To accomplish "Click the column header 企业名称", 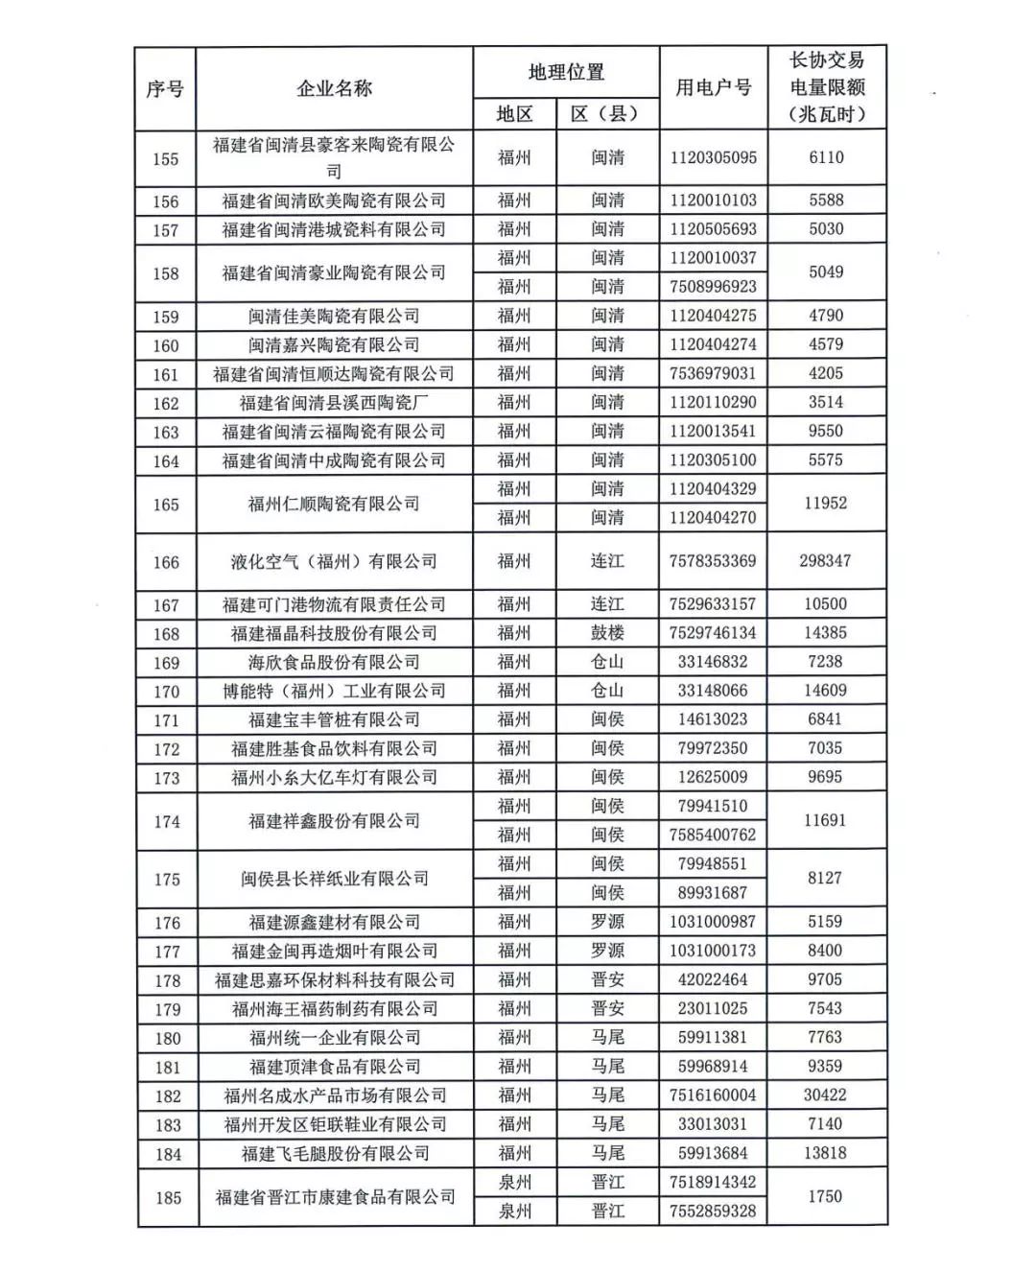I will [334, 88].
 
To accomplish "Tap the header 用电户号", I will [713, 87].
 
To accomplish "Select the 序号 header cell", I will [165, 89].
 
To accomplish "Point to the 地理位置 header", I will [566, 72].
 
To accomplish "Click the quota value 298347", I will [825, 560].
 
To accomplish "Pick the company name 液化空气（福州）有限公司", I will [334, 561].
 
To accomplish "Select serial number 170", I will [166, 691].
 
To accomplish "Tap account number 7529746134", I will [713, 633].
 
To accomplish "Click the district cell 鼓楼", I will [607, 633].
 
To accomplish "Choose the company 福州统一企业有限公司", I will [334, 1038].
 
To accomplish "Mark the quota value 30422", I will [825, 1094].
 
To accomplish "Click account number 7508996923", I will [713, 287].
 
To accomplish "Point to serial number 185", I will [168, 1197].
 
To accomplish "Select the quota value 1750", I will [825, 1196].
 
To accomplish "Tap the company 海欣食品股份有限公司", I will [334, 662].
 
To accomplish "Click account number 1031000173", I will [713, 951].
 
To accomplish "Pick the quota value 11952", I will [825, 503].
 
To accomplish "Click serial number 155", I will [165, 158].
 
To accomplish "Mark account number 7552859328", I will [713, 1212].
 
